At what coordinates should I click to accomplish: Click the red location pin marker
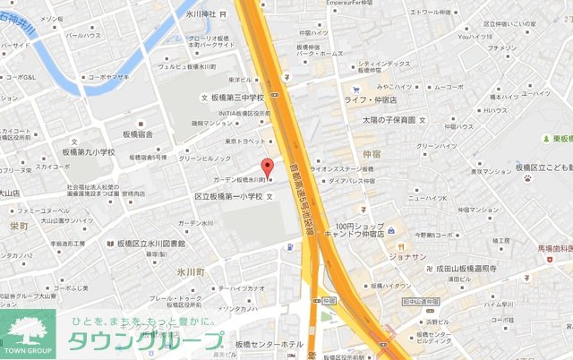coord(265,167)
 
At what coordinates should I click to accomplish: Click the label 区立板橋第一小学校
coord(229,196)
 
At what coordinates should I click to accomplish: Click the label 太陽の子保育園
coord(389,119)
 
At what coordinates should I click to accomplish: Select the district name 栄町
coord(19,227)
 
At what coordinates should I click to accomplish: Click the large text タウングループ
coord(146,342)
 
